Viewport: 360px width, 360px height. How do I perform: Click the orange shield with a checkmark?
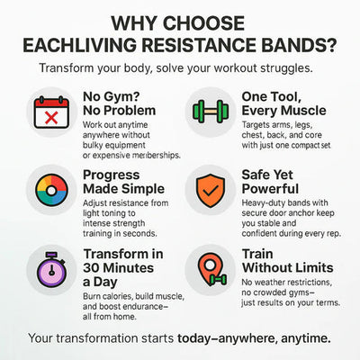[x=210, y=191]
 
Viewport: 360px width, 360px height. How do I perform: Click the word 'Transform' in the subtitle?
[x=73, y=68]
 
